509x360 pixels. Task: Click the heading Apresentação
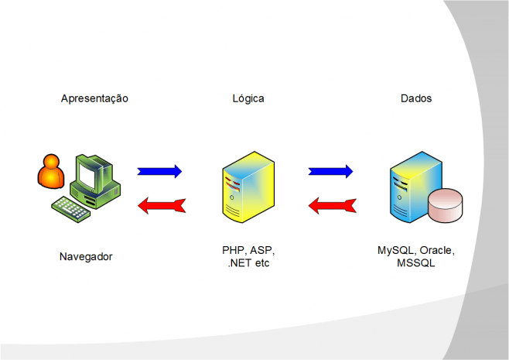coord(94,99)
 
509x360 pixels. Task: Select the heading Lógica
coord(248,99)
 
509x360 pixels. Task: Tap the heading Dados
coord(416,99)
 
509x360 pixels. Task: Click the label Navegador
coord(85,256)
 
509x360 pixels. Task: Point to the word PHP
coord(233,252)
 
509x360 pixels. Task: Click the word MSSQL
coord(416,263)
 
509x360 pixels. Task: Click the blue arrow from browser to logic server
coord(159,171)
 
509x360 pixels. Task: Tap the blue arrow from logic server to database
coord(330,171)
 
